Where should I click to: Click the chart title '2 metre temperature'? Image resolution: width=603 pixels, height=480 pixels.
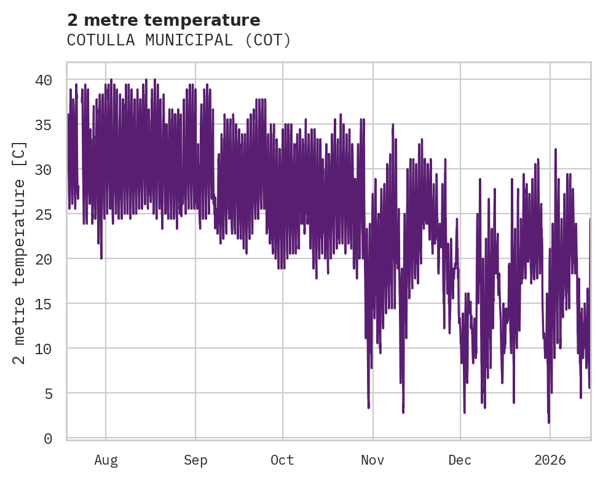(164, 20)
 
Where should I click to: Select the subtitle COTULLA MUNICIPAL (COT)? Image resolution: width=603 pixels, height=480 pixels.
(178, 41)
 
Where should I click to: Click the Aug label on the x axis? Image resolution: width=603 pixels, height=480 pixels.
(106, 460)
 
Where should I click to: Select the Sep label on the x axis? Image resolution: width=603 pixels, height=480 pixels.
(195, 460)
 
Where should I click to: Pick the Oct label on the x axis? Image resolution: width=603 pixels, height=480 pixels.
(282, 460)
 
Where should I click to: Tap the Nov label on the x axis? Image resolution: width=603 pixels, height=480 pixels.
(372, 460)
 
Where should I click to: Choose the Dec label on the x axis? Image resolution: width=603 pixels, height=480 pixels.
(460, 460)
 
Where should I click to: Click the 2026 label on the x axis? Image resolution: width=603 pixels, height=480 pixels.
(550, 460)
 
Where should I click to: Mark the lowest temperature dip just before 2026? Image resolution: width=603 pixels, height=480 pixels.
(549, 422)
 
